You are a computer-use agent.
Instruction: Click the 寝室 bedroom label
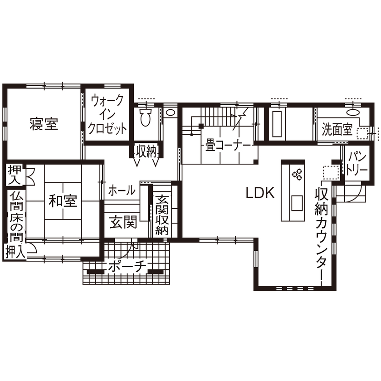[x=44, y=124]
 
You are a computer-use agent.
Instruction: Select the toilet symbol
[x=145, y=117]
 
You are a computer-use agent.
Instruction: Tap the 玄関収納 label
[x=162, y=215]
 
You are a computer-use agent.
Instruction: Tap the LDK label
[x=260, y=194]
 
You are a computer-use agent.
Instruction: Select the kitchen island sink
[x=298, y=202]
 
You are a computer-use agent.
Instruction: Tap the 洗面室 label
[x=337, y=130]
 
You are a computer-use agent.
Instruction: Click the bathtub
[x=277, y=123]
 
